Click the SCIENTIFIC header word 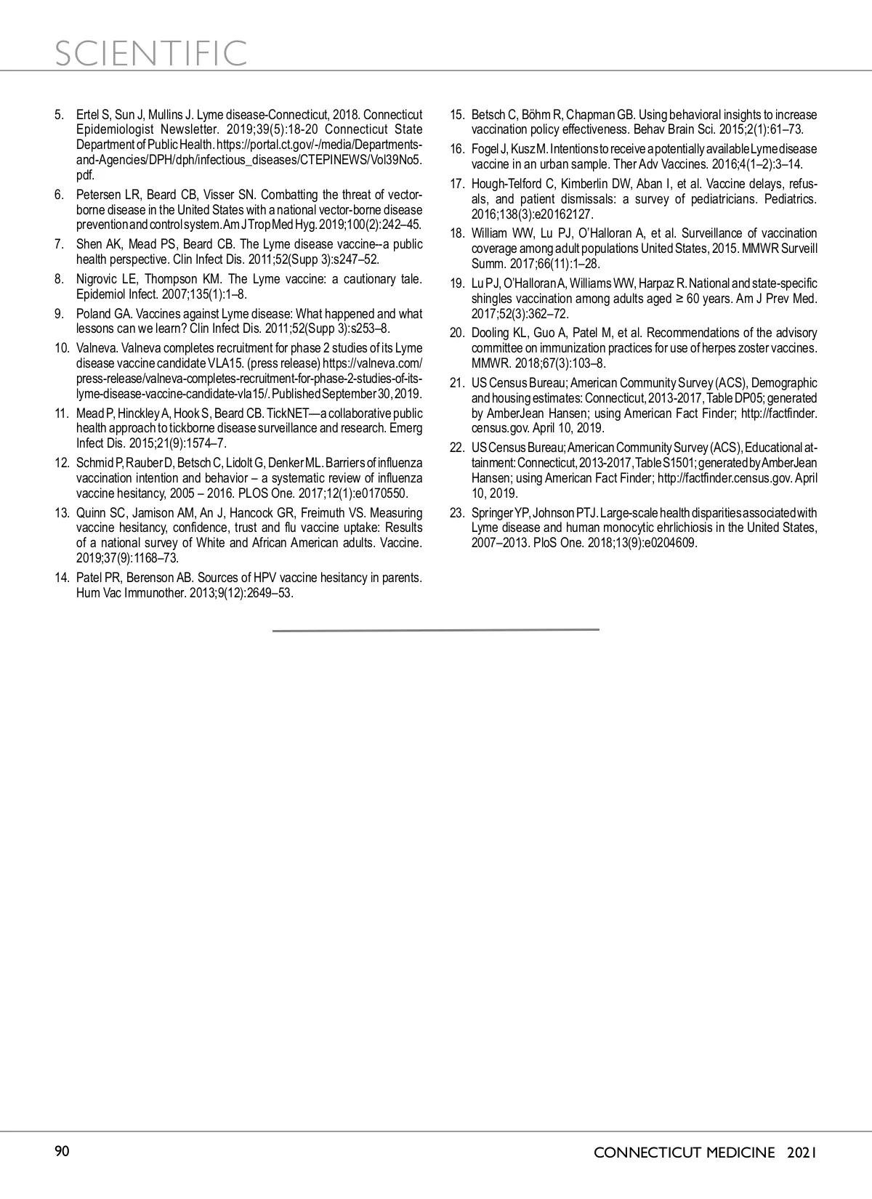tap(151, 52)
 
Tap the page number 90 tap(62, 1151)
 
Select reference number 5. tap(59, 115)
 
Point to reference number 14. tap(61, 578)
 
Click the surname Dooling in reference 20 tap(491, 333)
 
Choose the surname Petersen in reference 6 tap(96, 195)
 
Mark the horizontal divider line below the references tap(436, 630)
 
